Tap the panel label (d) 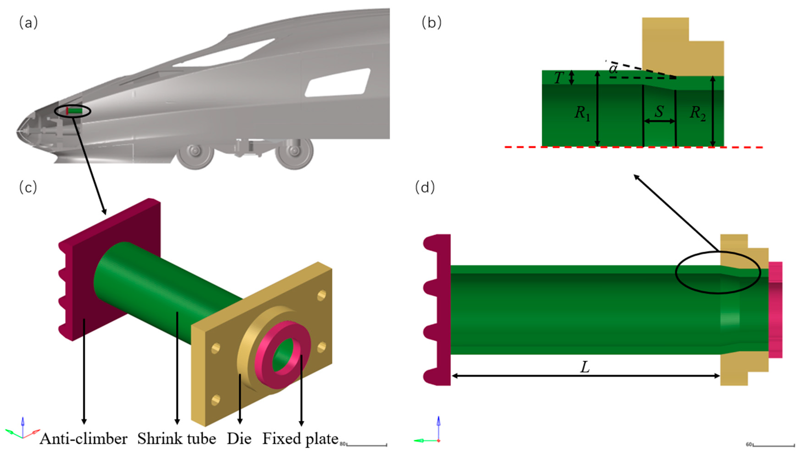point(425,188)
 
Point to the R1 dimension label point(582,113)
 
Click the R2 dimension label point(697,113)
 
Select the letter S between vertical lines point(659,111)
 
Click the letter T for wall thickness point(559,78)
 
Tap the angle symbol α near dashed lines point(613,69)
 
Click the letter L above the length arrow point(585,367)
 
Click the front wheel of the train point(195,152)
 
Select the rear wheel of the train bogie point(294,152)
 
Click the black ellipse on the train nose point(73,111)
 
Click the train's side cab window point(338,83)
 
